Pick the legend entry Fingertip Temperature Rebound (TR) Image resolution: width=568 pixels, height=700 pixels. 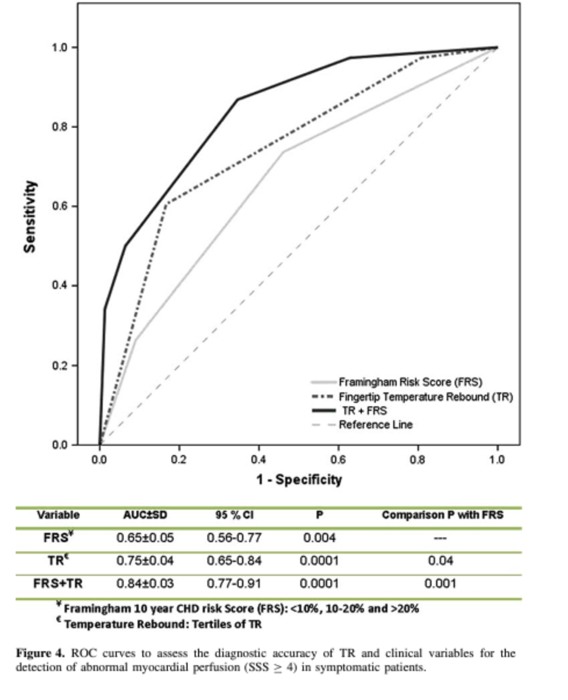pos(426,396)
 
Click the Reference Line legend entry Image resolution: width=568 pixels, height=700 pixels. pos(376,424)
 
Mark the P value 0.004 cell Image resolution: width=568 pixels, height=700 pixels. pos(319,538)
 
